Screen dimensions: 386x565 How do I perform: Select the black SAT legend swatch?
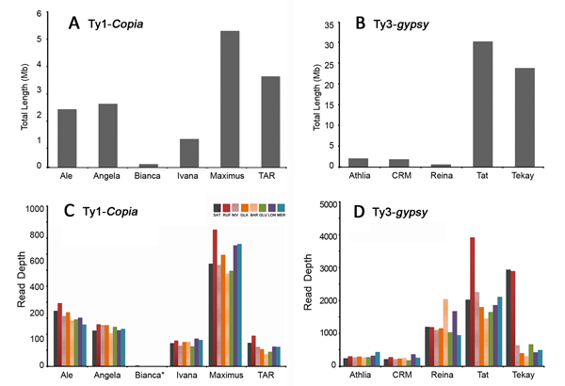click(x=218, y=208)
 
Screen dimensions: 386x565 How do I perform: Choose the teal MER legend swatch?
click(x=281, y=208)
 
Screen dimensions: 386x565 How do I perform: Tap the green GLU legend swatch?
click(x=262, y=208)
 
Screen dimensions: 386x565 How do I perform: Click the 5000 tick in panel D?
click(x=351, y=204)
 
